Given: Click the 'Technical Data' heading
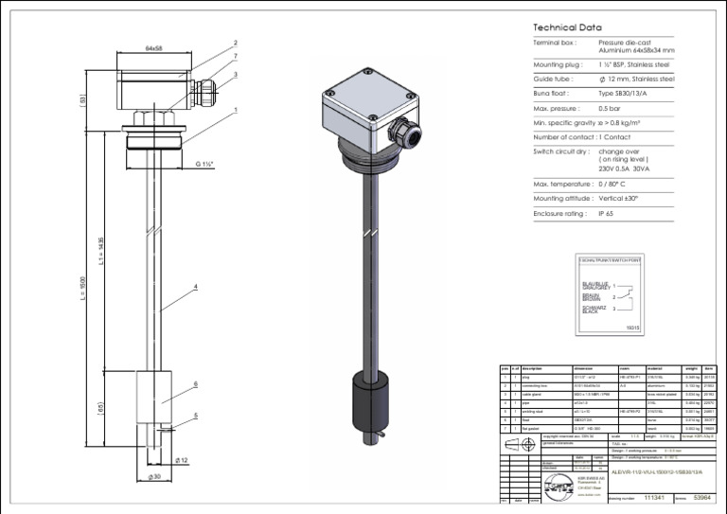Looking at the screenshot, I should click(567, 28).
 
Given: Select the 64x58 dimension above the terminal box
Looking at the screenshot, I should click(154, 47).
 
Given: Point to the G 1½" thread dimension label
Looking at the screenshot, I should click(205, 164).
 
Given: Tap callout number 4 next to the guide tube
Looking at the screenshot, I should click(195, 286).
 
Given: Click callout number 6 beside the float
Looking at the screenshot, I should click(195, 384).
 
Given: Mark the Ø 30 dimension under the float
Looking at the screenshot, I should click(154, 476).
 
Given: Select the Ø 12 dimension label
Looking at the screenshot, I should click(183, 460).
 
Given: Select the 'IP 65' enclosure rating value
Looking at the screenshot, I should click(608, 215).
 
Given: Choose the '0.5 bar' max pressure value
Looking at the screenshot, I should click(612, 109).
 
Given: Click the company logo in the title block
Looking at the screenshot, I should click(561, 486).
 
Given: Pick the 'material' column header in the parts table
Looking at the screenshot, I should click(654, 368).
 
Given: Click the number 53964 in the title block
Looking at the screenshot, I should click(703, 496).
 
